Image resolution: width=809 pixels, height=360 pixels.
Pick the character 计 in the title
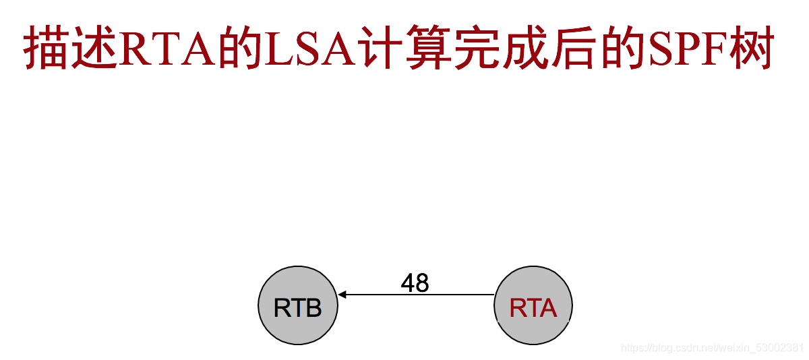[x=382, y=49]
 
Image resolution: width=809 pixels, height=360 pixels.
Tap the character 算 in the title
[x=427, y=49]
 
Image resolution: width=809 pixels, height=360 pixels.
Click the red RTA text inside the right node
[x=533, y=308]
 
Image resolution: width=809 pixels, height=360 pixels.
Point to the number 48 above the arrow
[x=415, y=283]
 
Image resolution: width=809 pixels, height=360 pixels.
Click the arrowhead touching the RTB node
[x=342, y=295]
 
